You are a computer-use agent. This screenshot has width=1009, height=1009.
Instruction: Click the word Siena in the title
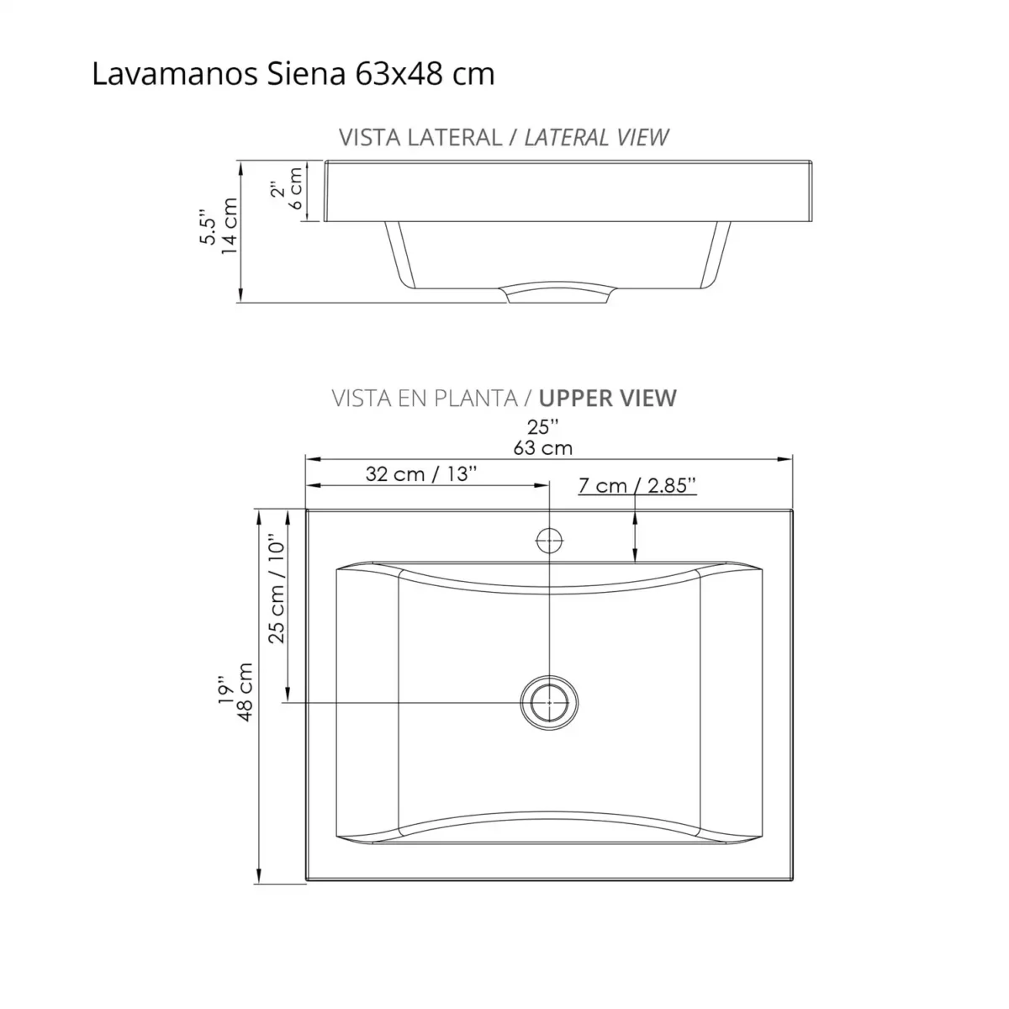tap(305, 74)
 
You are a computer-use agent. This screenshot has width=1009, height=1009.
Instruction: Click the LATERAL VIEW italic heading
tap(596, 137)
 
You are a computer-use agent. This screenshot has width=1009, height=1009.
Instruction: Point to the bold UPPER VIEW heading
tap(608, 398)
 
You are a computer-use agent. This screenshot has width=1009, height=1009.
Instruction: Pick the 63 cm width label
tap(543, 447)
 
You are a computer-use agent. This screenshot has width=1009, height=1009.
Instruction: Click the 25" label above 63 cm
tap(543, 427)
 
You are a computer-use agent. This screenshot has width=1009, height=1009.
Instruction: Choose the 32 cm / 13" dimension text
tap(421, 473)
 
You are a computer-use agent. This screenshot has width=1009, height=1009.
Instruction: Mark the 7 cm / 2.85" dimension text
tap(637, 485)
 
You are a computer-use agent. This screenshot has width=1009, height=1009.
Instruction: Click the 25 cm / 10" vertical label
tap(277, 590)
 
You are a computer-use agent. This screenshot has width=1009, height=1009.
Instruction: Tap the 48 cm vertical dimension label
tap(245, 692)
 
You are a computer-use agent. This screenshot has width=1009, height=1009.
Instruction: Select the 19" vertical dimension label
tap(224, 689)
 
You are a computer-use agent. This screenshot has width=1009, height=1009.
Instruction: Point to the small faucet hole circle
tap(549, 540)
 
